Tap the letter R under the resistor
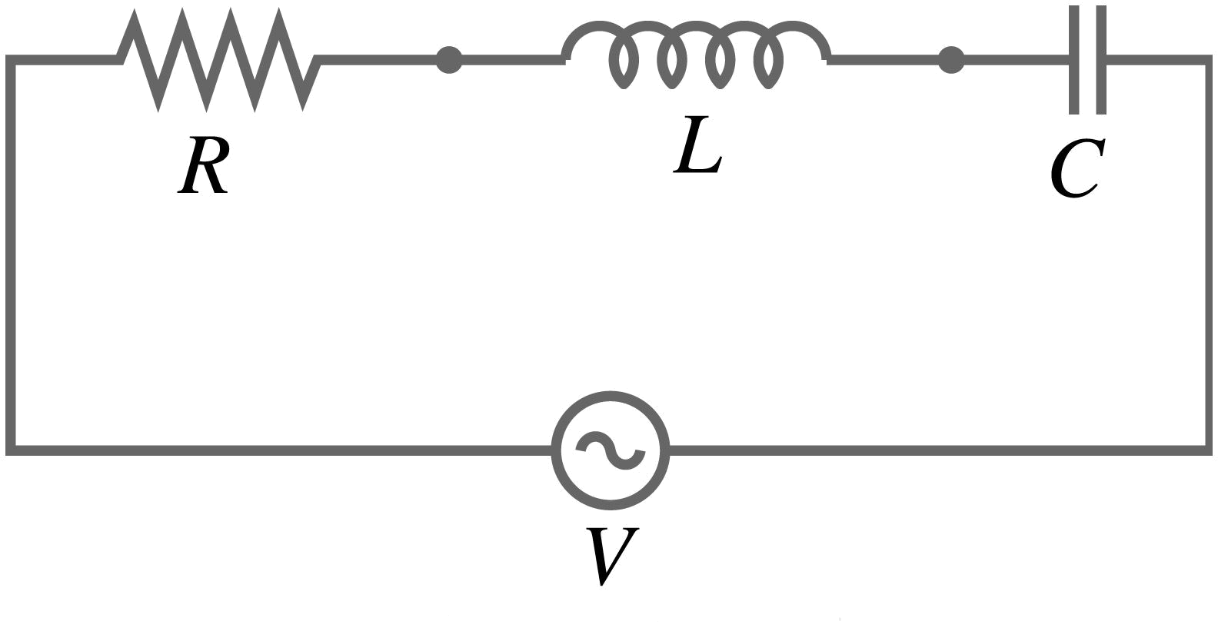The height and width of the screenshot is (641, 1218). tap(203, 165)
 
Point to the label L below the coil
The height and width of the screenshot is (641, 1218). tap(698, 144)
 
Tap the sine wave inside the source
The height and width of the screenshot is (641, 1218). tap(610, 450)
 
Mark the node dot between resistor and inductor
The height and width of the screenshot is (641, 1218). tap(449, 60)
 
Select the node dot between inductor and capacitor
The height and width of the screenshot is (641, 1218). tap(951, 60)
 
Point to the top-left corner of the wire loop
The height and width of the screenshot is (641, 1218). tap(10, 60)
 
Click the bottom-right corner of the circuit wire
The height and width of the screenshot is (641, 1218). tap(1208, 450)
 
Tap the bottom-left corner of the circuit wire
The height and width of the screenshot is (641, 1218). tap(10, 450)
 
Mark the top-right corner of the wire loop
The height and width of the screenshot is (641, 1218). tap(1208, 60)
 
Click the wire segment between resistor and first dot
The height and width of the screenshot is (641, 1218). tap(378, 60)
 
